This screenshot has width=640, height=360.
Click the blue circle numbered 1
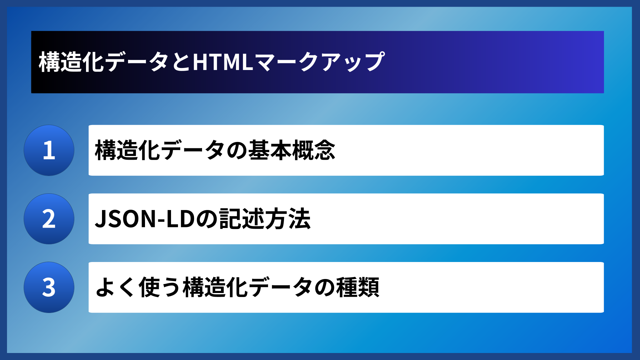[49, 150]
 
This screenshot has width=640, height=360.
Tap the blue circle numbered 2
[49, 219]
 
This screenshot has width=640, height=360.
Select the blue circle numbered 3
[49, 287]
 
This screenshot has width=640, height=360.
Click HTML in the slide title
[223, 62]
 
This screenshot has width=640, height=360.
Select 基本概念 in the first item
[292, 150]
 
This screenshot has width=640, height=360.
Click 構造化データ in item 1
[160, 150]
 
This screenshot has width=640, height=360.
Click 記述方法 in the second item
[265, 219]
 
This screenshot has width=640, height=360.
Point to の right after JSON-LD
[207, 219]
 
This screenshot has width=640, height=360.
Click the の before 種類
[325, 288]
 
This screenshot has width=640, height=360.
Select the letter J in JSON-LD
[101, 219]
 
